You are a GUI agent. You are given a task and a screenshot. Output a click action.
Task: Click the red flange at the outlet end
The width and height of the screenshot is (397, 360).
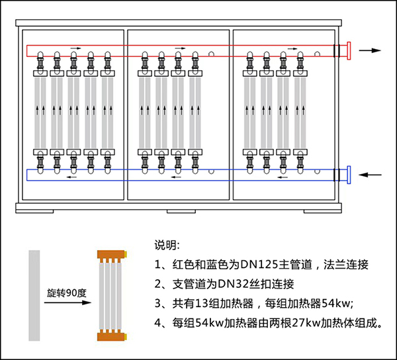349,51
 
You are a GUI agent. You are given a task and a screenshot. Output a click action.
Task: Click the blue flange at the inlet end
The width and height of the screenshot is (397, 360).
349,175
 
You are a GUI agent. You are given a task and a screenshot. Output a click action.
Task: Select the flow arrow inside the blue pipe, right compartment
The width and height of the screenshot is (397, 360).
283,177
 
